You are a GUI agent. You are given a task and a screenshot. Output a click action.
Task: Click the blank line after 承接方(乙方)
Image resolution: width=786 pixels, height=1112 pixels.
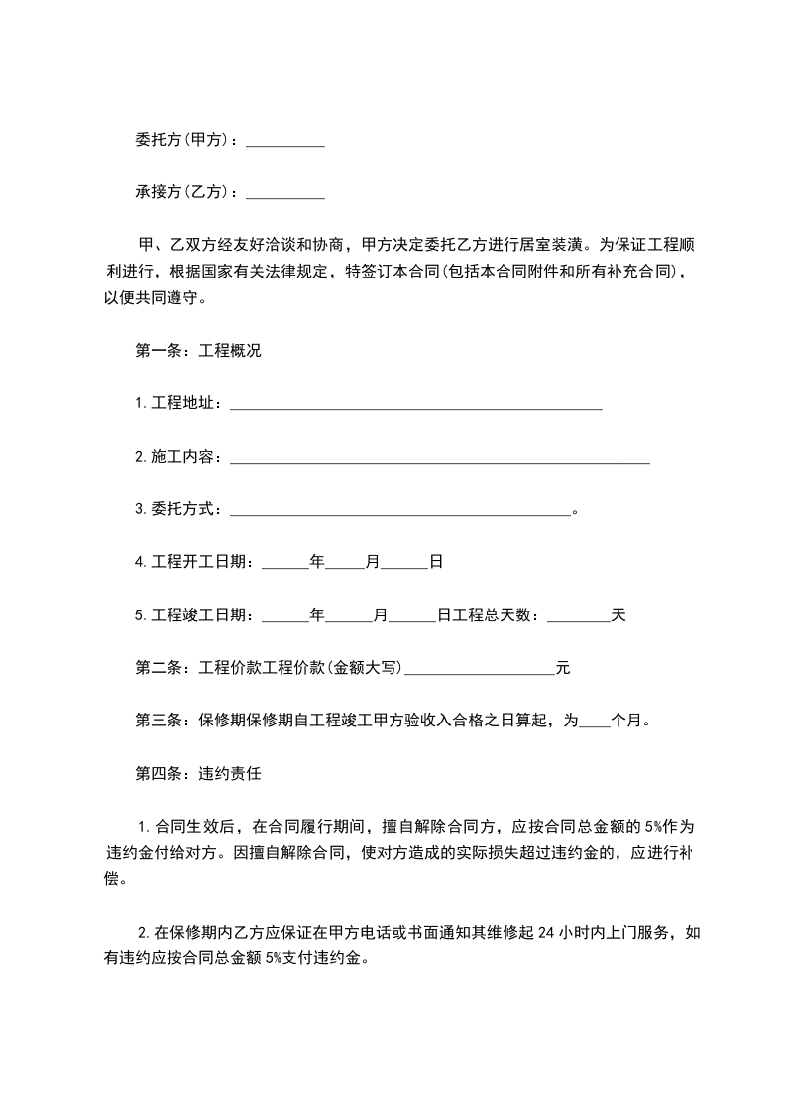285,194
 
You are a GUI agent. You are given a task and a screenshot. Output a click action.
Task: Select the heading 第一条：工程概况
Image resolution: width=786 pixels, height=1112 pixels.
197,352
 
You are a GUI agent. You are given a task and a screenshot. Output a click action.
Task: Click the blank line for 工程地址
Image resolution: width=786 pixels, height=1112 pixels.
416,404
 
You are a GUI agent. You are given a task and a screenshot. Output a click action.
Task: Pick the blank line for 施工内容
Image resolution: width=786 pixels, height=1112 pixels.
440,458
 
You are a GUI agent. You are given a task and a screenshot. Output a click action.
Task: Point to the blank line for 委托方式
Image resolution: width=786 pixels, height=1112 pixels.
400,510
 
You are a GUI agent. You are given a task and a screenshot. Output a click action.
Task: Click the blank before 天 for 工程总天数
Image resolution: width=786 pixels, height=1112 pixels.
579,616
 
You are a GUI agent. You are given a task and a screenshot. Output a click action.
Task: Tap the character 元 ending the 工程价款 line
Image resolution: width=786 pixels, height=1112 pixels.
563,669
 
